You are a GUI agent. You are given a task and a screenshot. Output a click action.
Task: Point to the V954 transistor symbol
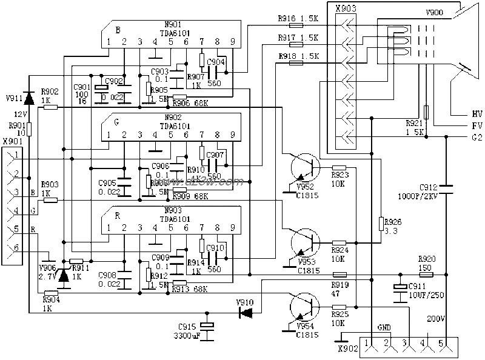tap(303, 307)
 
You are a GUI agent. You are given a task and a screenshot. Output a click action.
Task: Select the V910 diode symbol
tap(246, 313)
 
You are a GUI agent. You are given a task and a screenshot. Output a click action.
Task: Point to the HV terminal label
tap(477, 113)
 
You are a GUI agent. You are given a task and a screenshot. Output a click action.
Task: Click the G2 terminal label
tap(477, 138)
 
